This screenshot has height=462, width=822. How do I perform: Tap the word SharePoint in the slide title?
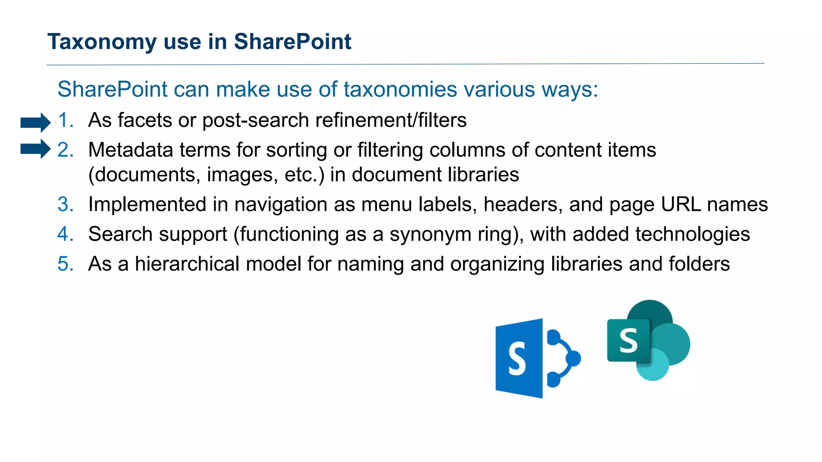click(x=292, y=41)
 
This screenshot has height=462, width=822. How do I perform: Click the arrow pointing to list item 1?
click(x=35, y=122)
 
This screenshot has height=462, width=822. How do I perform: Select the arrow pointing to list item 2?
click(x=35, y=149)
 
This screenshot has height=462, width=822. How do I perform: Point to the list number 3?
click(x=65, y=205)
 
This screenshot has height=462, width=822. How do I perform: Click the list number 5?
click(x=65, y=264)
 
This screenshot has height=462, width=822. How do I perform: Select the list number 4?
click(x=65, y=234)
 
